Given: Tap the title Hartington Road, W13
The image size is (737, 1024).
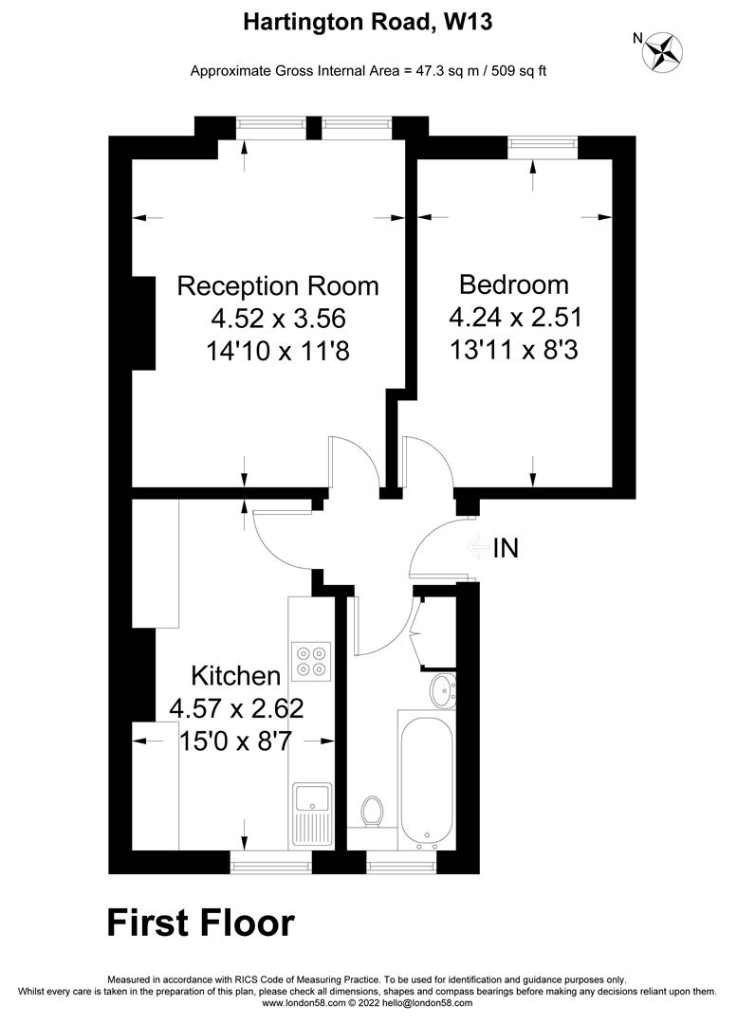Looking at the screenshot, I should [x=368, y=22].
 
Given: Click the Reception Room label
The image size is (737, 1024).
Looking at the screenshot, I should [x=278, y=285].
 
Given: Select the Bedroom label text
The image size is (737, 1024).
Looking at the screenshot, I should [x=514, y=283].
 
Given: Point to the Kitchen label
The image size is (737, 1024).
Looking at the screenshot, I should [x=236, y=676].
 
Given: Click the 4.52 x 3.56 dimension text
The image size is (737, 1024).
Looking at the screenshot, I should [x=278, y=318].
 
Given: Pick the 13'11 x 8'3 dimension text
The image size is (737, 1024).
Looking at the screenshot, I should [x=514, y=349].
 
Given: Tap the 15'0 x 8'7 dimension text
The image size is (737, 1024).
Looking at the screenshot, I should [x=236, y=740].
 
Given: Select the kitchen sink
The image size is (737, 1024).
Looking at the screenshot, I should [x=312, y=813].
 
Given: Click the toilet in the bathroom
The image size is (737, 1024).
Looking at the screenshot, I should [x=373, y=812].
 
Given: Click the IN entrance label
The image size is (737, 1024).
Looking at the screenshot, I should [x=506, y=547].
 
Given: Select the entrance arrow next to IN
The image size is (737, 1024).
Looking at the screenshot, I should [x=476, y=547].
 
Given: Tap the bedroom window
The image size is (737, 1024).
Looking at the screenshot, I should [x=543, y=143].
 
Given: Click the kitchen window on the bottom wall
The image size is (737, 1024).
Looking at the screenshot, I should [x=271, y=863].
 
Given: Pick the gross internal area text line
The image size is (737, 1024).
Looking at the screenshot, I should [x=368, y=70].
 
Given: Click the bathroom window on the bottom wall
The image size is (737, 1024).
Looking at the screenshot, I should [x=402, y=863].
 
